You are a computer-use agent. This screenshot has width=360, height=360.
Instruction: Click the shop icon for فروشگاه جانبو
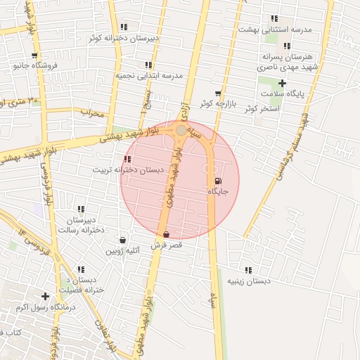[34, 56]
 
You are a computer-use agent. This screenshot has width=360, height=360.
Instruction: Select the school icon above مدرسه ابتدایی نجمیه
[148, 65]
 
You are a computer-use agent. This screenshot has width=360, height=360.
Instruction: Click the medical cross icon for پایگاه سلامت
[281, 84]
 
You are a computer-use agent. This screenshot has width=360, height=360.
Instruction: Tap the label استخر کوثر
[262, 109]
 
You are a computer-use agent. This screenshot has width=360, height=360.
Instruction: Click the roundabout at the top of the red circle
[181, 130]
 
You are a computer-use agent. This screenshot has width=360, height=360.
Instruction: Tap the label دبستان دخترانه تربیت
[128, 170]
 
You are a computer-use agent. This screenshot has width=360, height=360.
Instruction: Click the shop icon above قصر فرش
[166, 235]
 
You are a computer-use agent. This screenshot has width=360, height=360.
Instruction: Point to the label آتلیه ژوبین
[124, 250]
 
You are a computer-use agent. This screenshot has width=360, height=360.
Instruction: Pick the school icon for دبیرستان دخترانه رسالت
[82, 209]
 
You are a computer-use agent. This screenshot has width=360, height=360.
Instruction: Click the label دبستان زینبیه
[247, 281]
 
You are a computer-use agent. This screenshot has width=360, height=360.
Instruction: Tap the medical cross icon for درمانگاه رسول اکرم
[46, 297]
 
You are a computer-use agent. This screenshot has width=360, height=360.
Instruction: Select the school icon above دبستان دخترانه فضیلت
[82, 269]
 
